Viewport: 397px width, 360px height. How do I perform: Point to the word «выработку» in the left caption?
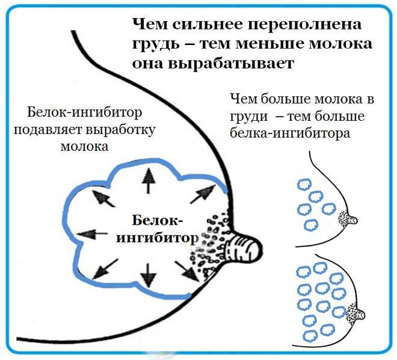coord(120,130)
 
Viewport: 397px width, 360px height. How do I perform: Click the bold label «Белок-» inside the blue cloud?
coord(157,221)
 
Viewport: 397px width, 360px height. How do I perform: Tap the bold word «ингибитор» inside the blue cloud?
coord(157,239)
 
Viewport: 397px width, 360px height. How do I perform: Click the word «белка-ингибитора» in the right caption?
coord(290,133)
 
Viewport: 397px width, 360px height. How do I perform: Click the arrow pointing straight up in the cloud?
coord(149,181)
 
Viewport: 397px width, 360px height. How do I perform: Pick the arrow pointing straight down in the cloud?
coord(148,275)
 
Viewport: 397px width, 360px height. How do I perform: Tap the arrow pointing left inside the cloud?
coord(91,234)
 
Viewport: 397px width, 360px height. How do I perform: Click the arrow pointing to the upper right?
coord(203,194)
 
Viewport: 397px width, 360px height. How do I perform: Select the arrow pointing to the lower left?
coord(105,269)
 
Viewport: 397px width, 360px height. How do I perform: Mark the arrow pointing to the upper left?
coord(103,198)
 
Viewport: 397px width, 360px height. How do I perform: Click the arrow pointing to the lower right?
coord(187,271)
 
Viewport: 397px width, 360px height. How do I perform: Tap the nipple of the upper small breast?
coord(352,219)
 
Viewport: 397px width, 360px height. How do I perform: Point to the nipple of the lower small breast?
coord(360,314)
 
